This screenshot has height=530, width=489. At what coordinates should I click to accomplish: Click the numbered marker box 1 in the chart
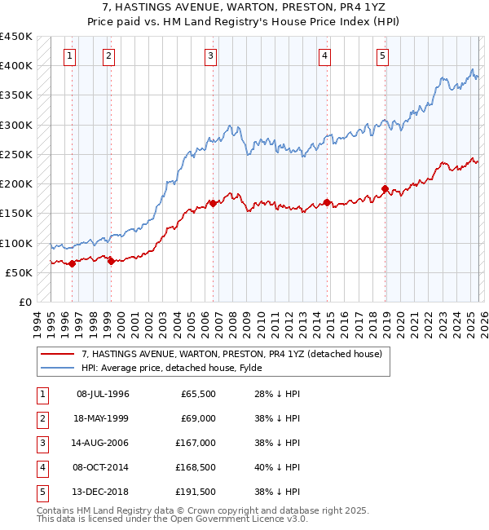click(70, 56)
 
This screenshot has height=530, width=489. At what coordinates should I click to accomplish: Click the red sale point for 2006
click(213, 203)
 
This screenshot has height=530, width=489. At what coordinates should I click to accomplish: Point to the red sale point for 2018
click(385, 189)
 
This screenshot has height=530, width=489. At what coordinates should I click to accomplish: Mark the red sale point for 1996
click(72, 263)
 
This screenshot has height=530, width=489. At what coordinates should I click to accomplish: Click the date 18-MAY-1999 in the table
click(103, 417)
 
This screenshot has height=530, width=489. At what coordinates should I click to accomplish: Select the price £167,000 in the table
click(196, 443)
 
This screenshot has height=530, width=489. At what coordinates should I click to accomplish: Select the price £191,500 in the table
click(196, 492)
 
